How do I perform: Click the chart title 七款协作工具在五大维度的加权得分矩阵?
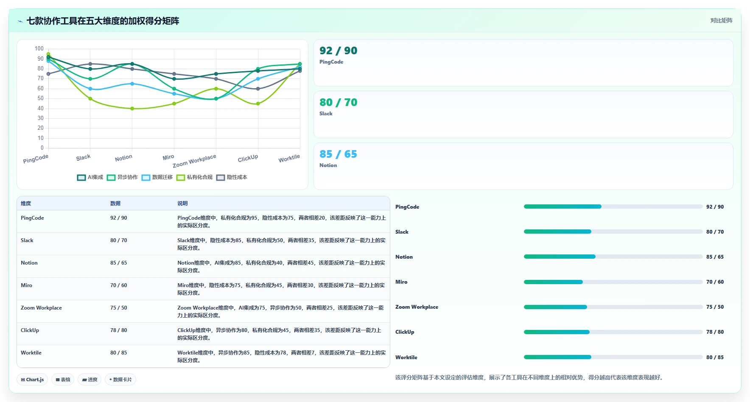103,21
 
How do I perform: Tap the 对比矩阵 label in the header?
721,20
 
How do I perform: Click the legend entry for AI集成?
90,177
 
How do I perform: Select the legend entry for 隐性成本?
232,177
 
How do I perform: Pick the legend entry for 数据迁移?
157,177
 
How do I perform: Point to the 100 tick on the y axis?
39,49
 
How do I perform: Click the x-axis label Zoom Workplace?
194,161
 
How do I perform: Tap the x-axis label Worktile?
289,159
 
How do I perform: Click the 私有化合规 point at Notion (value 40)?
132,109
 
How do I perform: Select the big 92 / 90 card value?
338,50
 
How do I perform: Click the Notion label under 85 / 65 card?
328,165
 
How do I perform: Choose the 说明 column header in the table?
182,204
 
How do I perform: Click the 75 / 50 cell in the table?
118,308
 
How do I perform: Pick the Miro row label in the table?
26,285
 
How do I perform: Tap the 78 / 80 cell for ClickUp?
118,330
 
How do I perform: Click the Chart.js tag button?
32,380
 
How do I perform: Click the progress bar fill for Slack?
557,232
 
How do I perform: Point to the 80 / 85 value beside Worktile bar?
715,357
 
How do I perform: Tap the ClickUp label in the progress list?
405,332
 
